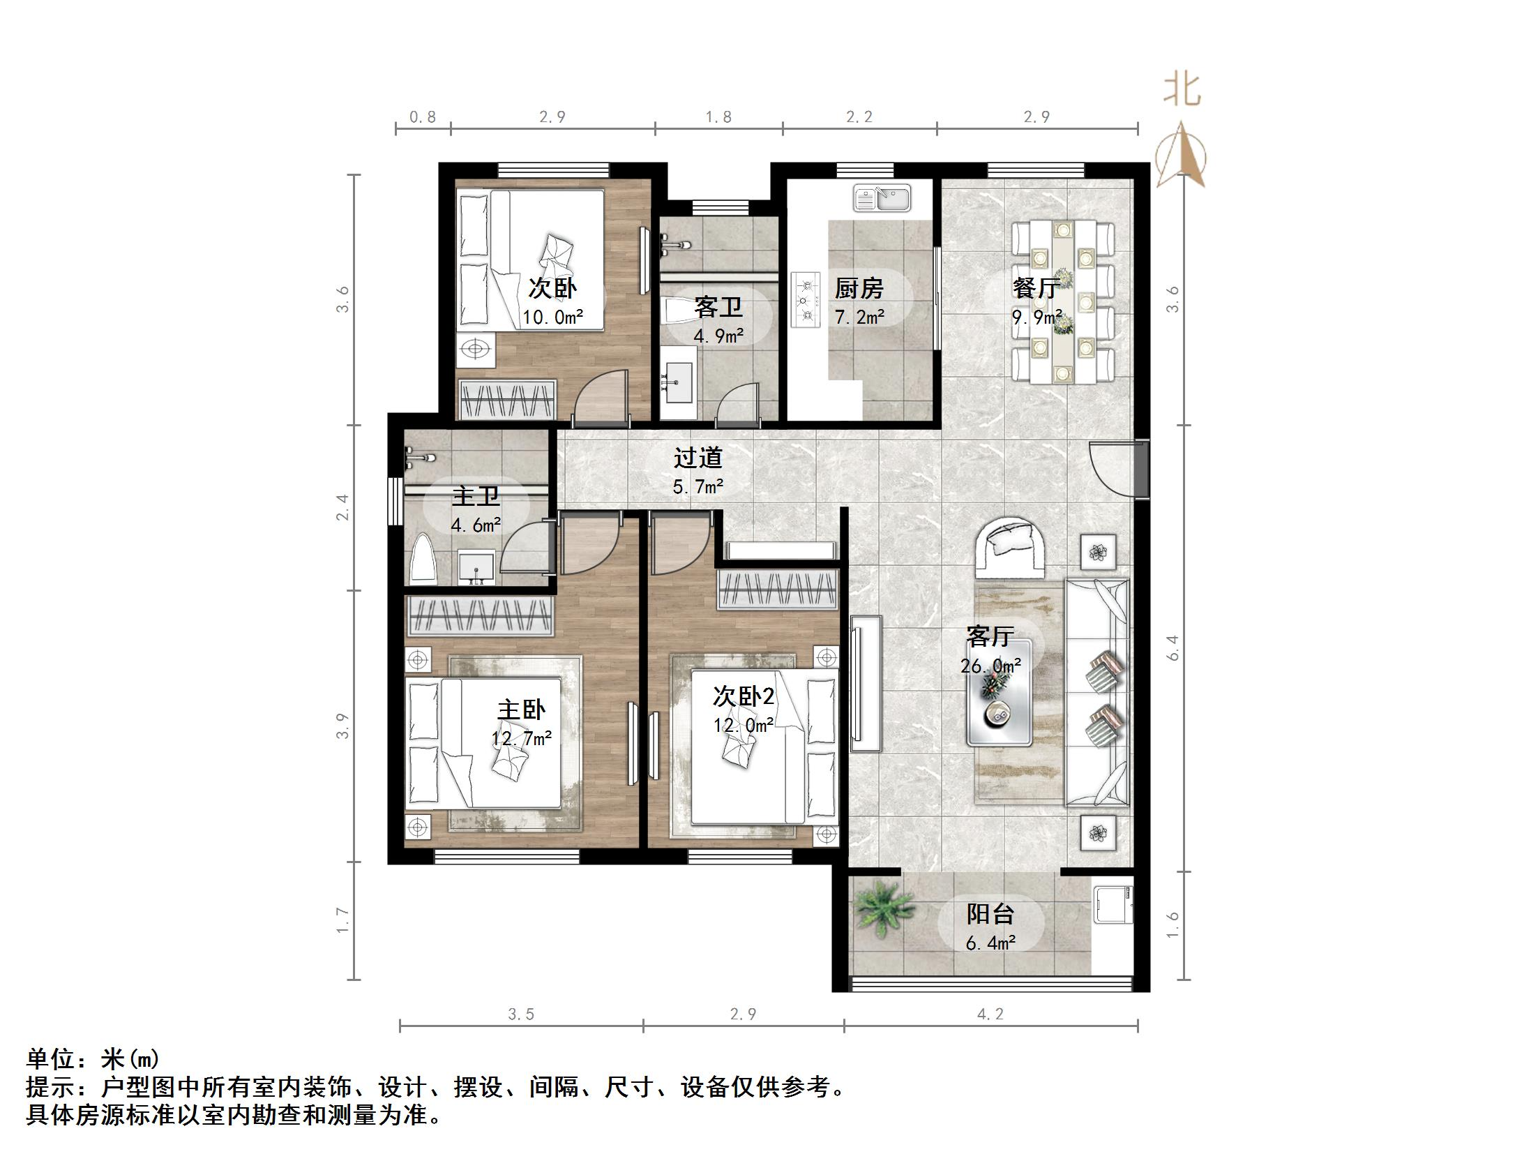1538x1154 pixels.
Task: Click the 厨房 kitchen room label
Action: click(x=859, y=288)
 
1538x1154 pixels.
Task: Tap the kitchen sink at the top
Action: click(x=882, y=198)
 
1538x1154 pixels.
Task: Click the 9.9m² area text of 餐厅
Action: click(x=1036, y=318)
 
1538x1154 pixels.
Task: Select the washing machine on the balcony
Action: click(x=1114, y=904)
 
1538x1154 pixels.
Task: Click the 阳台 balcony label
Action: click(x=990, y=914)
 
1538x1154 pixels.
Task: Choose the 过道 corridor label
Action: click(x=698, y=458)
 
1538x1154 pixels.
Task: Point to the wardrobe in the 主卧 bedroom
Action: click(x=480, y=615)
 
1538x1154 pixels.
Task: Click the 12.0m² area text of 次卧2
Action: click(x=743, y=726)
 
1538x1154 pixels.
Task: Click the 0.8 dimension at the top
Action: click(x=423, y=117)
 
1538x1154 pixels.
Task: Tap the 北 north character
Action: click(x=1182, y=91)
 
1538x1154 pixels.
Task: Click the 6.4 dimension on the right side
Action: click(x=1173, y=647)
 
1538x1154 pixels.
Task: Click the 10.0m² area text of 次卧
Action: click(x=552, y=318)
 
